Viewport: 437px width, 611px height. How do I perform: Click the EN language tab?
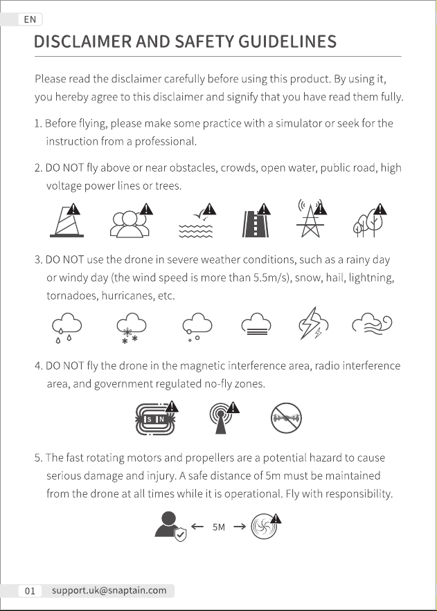[30, 19]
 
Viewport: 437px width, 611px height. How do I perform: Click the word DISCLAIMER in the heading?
[82, 42]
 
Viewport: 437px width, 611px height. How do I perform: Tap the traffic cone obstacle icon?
[66, 220]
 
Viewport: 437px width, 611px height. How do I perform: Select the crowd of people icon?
[132, 221]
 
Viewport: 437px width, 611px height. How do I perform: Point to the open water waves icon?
[197, 221]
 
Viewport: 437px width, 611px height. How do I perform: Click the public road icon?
[256, 221]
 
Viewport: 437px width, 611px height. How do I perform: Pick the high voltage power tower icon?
[311, 218]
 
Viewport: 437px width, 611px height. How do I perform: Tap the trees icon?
[370, 221]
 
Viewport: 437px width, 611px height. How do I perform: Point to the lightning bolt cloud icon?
[314, 323]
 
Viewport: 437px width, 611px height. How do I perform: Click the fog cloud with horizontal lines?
[256, 324]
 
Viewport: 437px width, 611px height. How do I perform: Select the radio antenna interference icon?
[224, 417]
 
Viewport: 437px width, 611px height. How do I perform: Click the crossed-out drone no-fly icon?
[286, 418]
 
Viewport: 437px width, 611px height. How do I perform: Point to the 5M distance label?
[219, 527]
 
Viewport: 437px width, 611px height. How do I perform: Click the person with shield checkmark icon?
[170, 527]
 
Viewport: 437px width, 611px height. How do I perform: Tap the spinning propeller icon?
[265, 527]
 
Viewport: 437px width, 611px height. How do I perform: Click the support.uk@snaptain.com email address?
[109, 590]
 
